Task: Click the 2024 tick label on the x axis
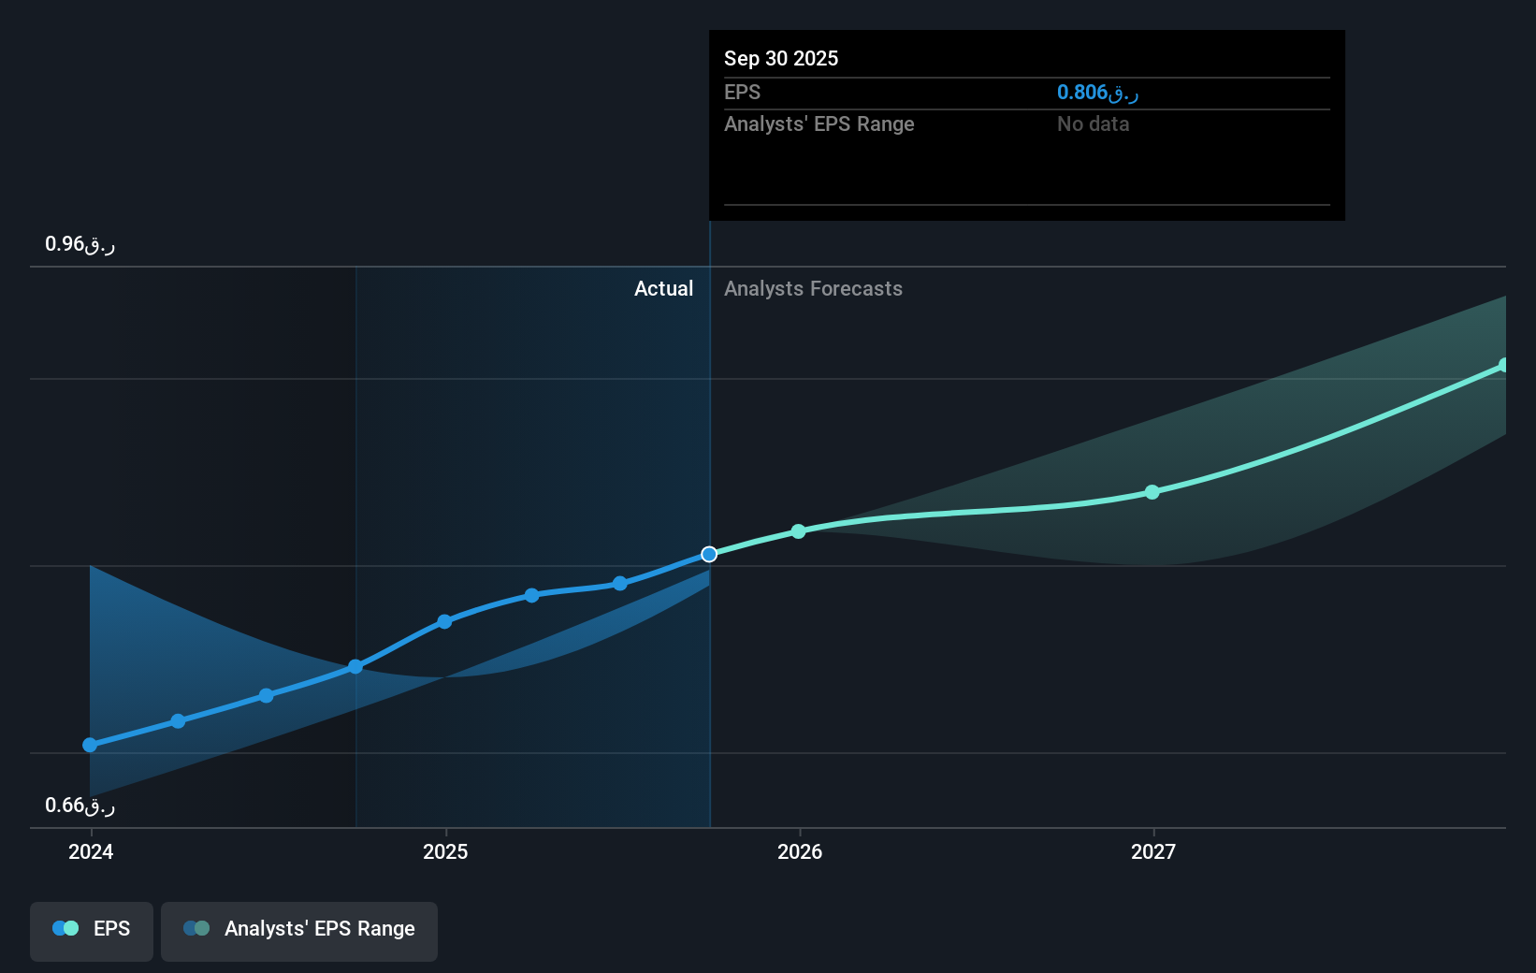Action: point(91,851)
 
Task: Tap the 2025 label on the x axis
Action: point(445,851)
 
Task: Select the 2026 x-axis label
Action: point(800,851)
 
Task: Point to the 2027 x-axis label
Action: point(1153,851)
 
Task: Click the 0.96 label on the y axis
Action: point(79,244)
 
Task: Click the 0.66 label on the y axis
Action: point(79,806)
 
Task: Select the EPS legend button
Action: point(92,929)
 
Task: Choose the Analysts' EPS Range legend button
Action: point(299,929)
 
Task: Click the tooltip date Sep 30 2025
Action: point(781,58)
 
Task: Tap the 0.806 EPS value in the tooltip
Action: point(1096,92)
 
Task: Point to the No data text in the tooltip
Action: point(1093,123)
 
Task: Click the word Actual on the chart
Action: point(663,288)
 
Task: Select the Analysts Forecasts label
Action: point(813,288)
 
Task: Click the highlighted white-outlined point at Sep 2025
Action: point(709,555)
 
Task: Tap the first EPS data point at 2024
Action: point(90,746)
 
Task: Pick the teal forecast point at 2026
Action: point(798,531)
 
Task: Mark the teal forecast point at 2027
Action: point(1152,492)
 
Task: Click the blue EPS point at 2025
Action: point(444,621)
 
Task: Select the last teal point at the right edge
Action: point(1503,365)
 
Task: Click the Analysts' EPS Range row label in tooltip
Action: point(819,123)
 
